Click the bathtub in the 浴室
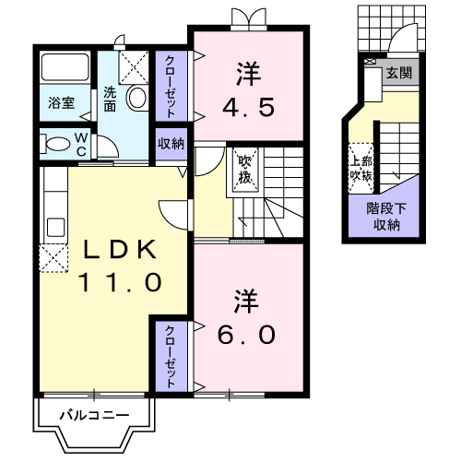[65, 67]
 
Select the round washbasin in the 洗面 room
[136, 98]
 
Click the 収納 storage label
[171, 144]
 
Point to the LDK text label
[120, 249]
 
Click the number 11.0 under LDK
[120, 282]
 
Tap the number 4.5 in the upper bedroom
[248, 107]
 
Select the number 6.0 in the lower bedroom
[246, 335]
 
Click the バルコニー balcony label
[94, 416]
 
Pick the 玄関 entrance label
[399, 73]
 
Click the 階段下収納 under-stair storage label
[386, 217]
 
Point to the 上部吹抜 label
[361, 169]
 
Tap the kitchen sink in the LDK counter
[55, 228]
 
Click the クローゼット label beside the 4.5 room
[171, 87]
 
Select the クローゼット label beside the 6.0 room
[171, 357]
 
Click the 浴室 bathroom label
[62, 102]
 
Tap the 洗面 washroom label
[110, 99]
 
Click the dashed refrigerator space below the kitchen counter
[53, 258]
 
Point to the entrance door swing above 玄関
[402, 38]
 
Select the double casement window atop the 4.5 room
[249, 18]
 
